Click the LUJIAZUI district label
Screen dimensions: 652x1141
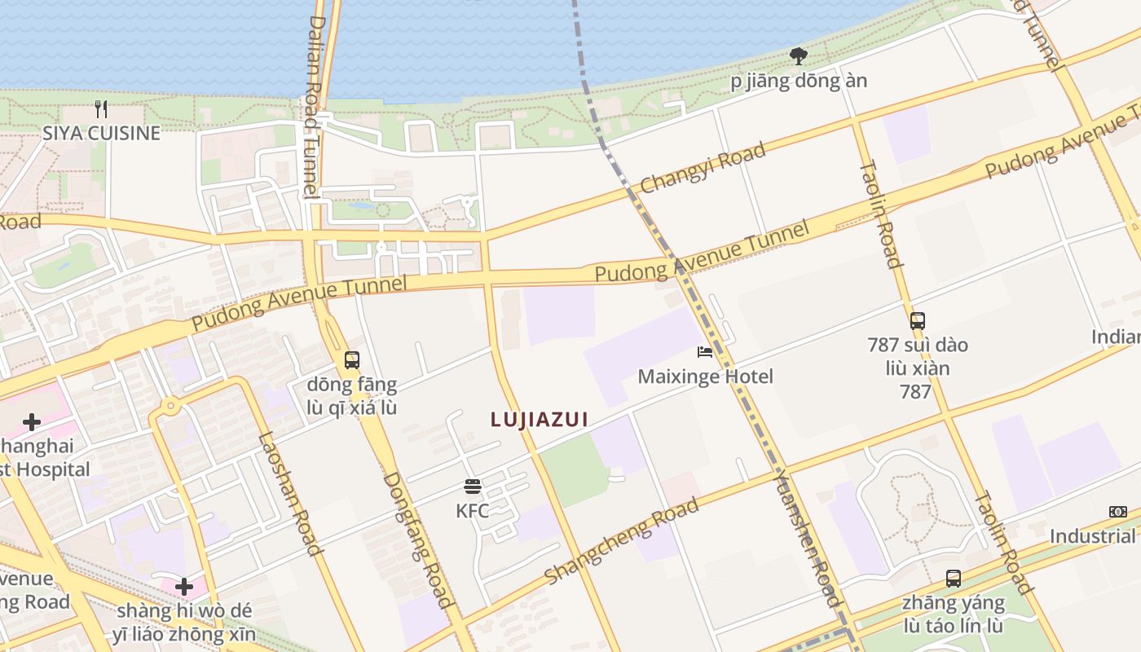[539, 419]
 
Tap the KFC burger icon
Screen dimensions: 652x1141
[473, 487]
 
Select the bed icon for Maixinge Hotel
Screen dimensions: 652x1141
[705, 352]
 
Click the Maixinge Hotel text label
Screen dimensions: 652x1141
[705, 377]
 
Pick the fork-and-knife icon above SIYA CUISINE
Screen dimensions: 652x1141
[101, 109]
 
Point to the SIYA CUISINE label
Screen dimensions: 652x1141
[101, 133]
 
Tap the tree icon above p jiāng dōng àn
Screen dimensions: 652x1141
[799, 56]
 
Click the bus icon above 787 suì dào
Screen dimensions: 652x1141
[918, 321]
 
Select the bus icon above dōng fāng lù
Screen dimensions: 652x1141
[352, 359]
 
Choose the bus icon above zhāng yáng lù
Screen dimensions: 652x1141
[954, 579]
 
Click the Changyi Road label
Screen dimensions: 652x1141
[703, 168]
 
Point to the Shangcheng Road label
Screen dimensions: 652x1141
[622, 541]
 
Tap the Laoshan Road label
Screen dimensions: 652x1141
[289, 494]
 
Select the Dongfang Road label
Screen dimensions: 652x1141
[417, 540]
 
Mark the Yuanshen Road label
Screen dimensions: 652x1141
[806, 538]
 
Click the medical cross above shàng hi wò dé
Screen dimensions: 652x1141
[184, 586]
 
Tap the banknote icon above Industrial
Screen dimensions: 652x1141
[1118, 512]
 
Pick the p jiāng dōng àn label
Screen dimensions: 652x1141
[799, 81]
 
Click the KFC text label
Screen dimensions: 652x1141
[473, 511]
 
